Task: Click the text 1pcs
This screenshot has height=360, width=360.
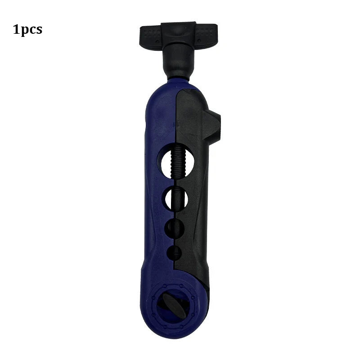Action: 27,30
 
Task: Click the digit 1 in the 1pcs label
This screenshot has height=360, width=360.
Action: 17,30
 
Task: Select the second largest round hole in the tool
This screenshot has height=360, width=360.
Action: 176,198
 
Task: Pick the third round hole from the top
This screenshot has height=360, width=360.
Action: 175,228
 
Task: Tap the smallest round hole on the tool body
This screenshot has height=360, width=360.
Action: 175,253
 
